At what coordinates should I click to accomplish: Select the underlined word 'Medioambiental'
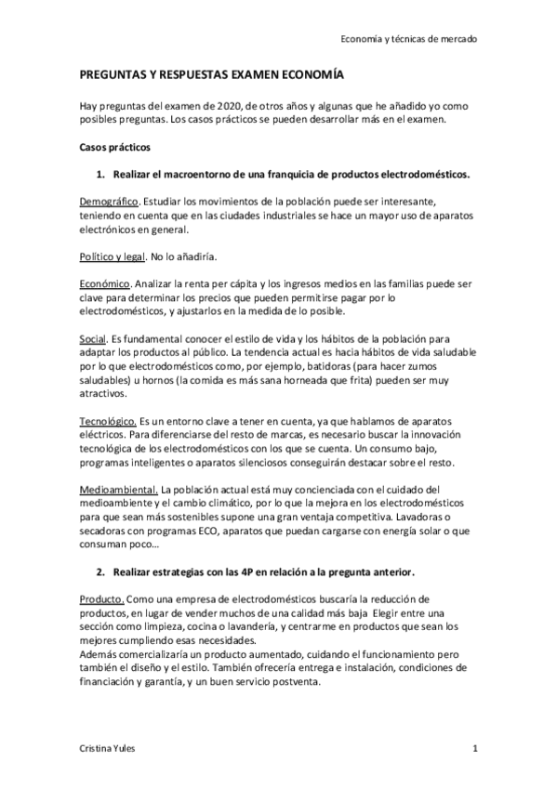(118, 489)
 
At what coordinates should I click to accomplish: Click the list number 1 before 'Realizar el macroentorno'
(100, 175)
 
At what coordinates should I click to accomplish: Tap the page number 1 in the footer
(474, 748)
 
